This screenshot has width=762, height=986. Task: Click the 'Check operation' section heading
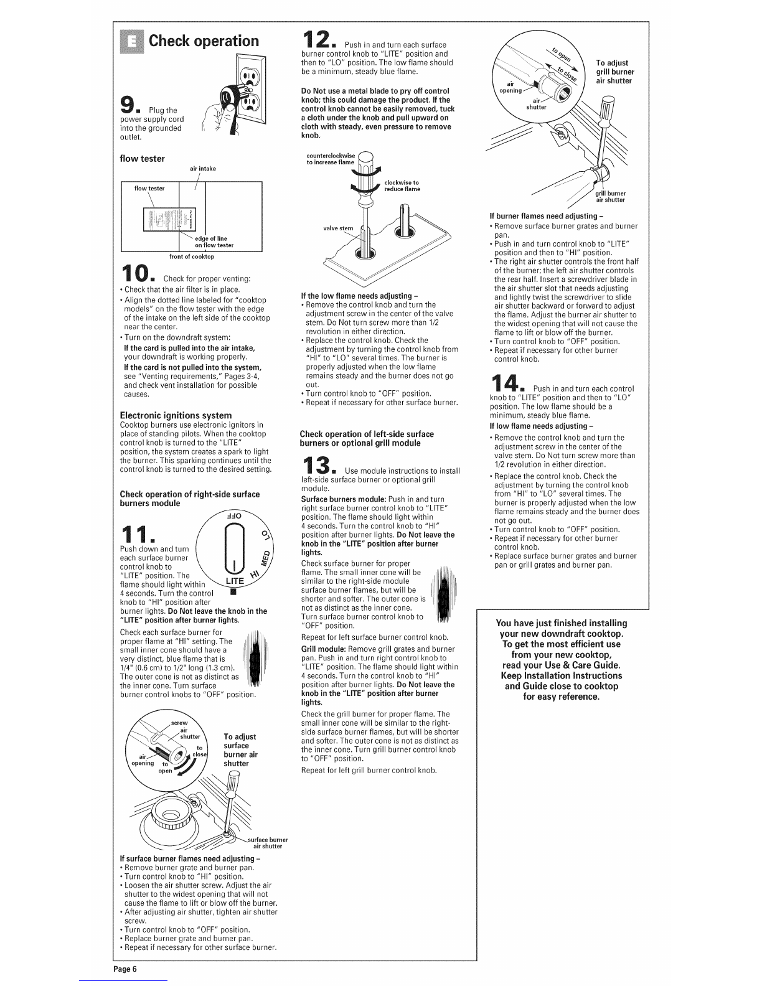204,41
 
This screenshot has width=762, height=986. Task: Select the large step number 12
317,39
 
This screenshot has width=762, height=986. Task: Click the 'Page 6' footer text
125,969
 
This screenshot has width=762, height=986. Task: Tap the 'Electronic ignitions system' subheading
176,415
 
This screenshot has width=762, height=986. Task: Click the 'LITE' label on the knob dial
235,581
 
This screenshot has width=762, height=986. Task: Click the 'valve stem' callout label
338,228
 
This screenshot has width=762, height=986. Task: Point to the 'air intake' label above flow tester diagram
203,169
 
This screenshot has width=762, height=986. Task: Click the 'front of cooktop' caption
192,257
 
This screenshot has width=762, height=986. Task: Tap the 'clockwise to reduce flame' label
402,186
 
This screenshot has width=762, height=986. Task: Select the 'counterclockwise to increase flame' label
331,159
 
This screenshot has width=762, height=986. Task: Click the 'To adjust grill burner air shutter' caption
615,72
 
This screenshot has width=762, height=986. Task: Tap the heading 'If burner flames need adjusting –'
546,216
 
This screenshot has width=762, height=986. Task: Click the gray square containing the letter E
131,41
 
